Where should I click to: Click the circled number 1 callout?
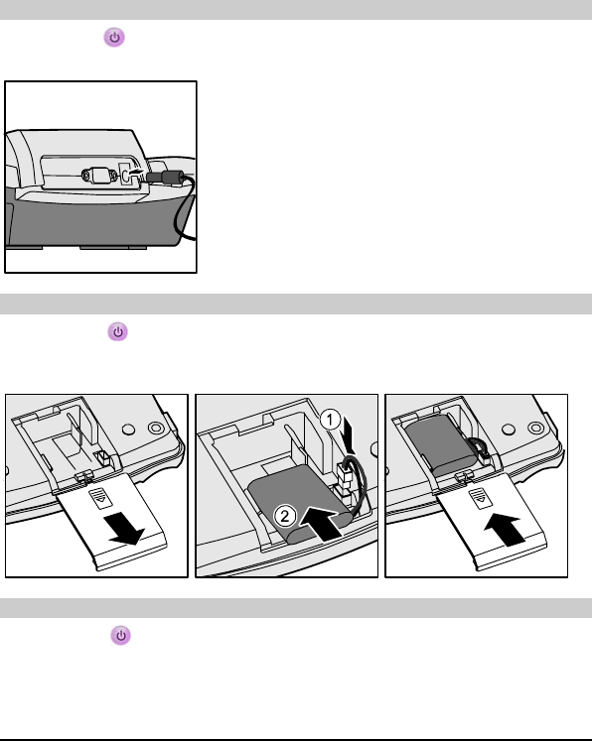(x=330, y=420)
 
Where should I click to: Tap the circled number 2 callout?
(x=285, y=516)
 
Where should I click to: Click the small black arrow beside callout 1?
(x=350, y=434)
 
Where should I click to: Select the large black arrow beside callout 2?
(x=321, y=522)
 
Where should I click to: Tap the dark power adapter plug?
(x=165, y=178)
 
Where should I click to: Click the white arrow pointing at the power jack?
(x=136, y=173)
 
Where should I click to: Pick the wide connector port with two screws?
(x=99, y=176)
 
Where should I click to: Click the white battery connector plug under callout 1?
(x=345, y=472)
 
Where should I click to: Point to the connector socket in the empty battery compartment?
(x=102, y=457)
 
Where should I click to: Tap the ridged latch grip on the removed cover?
(x=100, y=499)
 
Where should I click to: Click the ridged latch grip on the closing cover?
(x=480, y=498)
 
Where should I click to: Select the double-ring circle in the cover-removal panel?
(x=156, y=429)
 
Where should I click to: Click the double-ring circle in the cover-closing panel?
(x=535, y=429)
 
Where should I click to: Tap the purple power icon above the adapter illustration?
(x=114, y=38)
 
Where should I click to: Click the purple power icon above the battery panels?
(x=117, y=331)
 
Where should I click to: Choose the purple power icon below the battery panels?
(x=120, y=635)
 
